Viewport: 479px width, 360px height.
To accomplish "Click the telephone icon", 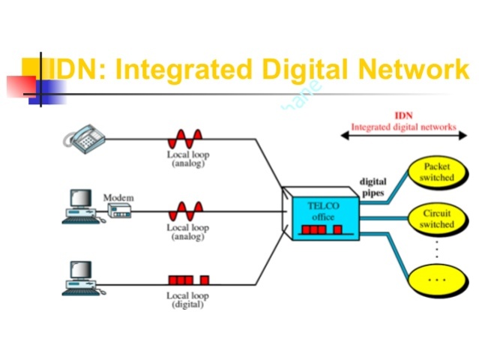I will [x=84, y=136].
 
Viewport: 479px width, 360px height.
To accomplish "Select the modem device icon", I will [x=119, y=211].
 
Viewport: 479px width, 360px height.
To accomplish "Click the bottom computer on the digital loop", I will [x=79, y=277].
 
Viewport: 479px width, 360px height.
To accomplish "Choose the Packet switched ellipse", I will [x=436, y=171].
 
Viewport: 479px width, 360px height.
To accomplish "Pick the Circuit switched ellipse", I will [x=436, y=219].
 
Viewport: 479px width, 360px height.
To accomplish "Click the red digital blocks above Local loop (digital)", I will [x=188, y=280].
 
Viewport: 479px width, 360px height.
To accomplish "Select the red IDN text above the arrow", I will [x=403, y=116].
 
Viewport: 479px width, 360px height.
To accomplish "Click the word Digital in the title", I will [x=302, y=70].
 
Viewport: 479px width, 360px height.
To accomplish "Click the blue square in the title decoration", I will [x=48, y=91].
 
